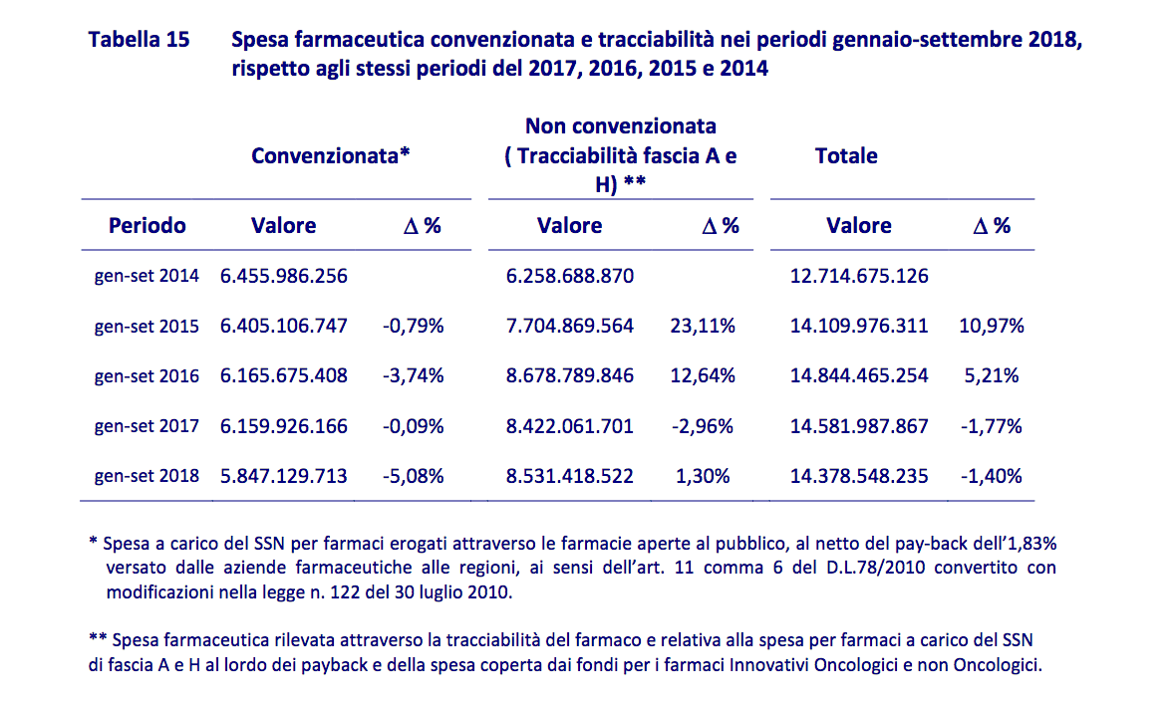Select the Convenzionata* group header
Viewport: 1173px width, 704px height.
pos(331,155)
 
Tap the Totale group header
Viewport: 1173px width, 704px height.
pos(846,155)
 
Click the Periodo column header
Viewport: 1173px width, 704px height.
pos(147,225)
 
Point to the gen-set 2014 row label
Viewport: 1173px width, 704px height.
pos(147,276)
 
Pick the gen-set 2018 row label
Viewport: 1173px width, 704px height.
pos(147,476)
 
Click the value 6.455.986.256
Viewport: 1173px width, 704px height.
pos(284,276)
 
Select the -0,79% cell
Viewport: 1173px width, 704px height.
pos(414,326)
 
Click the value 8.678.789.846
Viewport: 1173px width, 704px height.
pos(570,376)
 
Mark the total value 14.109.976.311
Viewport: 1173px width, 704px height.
pos(859,326)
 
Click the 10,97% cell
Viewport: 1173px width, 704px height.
pos(992,326)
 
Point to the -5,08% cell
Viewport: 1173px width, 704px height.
pos(414,476)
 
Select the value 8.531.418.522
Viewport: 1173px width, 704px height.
pos(570,476)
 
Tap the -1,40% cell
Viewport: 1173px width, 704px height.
pos(992,476)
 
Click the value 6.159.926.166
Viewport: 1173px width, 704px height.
pos(284,426)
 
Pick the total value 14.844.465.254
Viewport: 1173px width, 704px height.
pos(859,376)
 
